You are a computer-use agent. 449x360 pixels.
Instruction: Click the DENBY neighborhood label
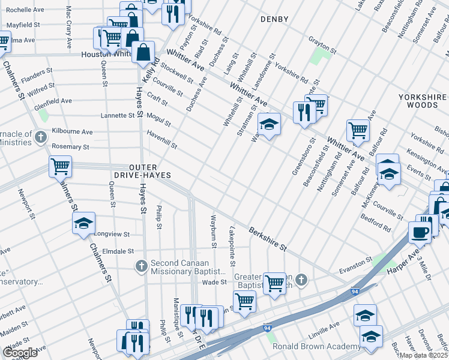click(274, 19)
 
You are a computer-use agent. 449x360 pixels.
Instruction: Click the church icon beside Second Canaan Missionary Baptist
click(141, 266)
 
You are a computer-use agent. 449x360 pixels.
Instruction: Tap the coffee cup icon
click(420, 232)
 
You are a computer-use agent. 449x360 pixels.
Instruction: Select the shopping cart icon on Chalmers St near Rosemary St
click(60, 166)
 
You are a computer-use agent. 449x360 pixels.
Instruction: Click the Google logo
click(20, 352)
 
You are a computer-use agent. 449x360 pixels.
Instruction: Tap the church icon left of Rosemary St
click(41, 137)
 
